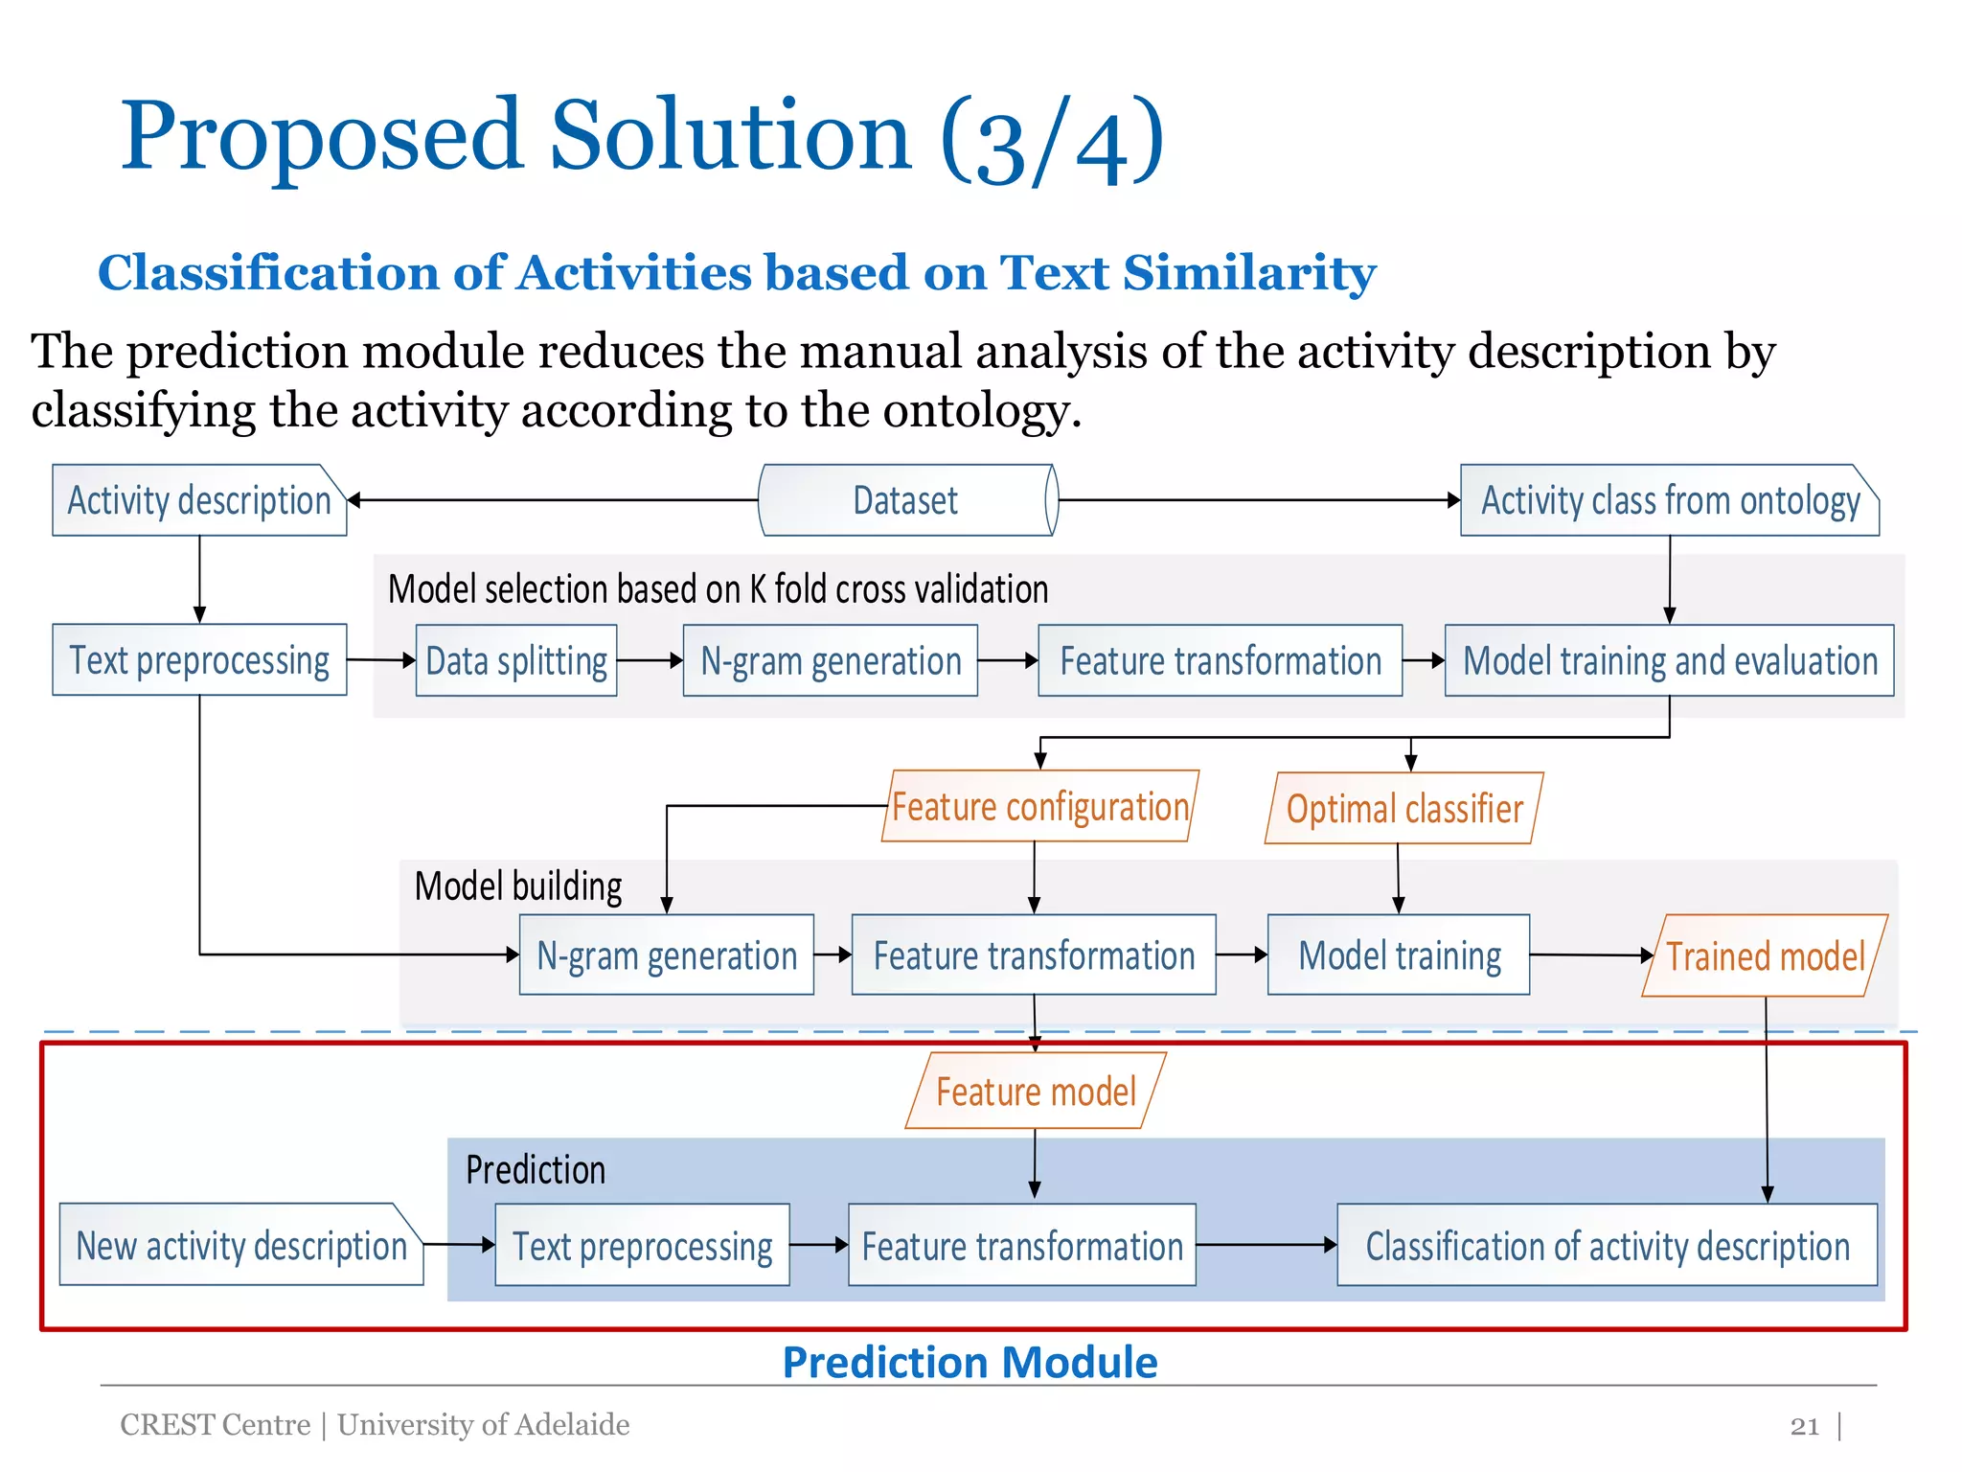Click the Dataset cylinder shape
coord(906,500)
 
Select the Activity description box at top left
coord(198,500)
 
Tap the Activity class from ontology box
coord(1669,500)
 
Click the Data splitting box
coord(516,660)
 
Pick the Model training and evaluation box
coord(1669,660)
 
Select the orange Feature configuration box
coord(1039,807)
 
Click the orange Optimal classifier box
coord(1403,809)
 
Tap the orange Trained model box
coord(1765,955)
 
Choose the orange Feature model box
coord(1036,1092)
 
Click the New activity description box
coord(240,1245)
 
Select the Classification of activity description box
coord(1607,1245)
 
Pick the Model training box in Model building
coord(1399,954)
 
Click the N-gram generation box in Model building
coord(667,954)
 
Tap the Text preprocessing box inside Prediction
coord(642,1245)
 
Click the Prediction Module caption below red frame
coord(970,1362)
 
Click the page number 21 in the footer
coord(1804,1426)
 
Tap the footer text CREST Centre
coord(216,1425)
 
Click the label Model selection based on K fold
coord(718,588)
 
